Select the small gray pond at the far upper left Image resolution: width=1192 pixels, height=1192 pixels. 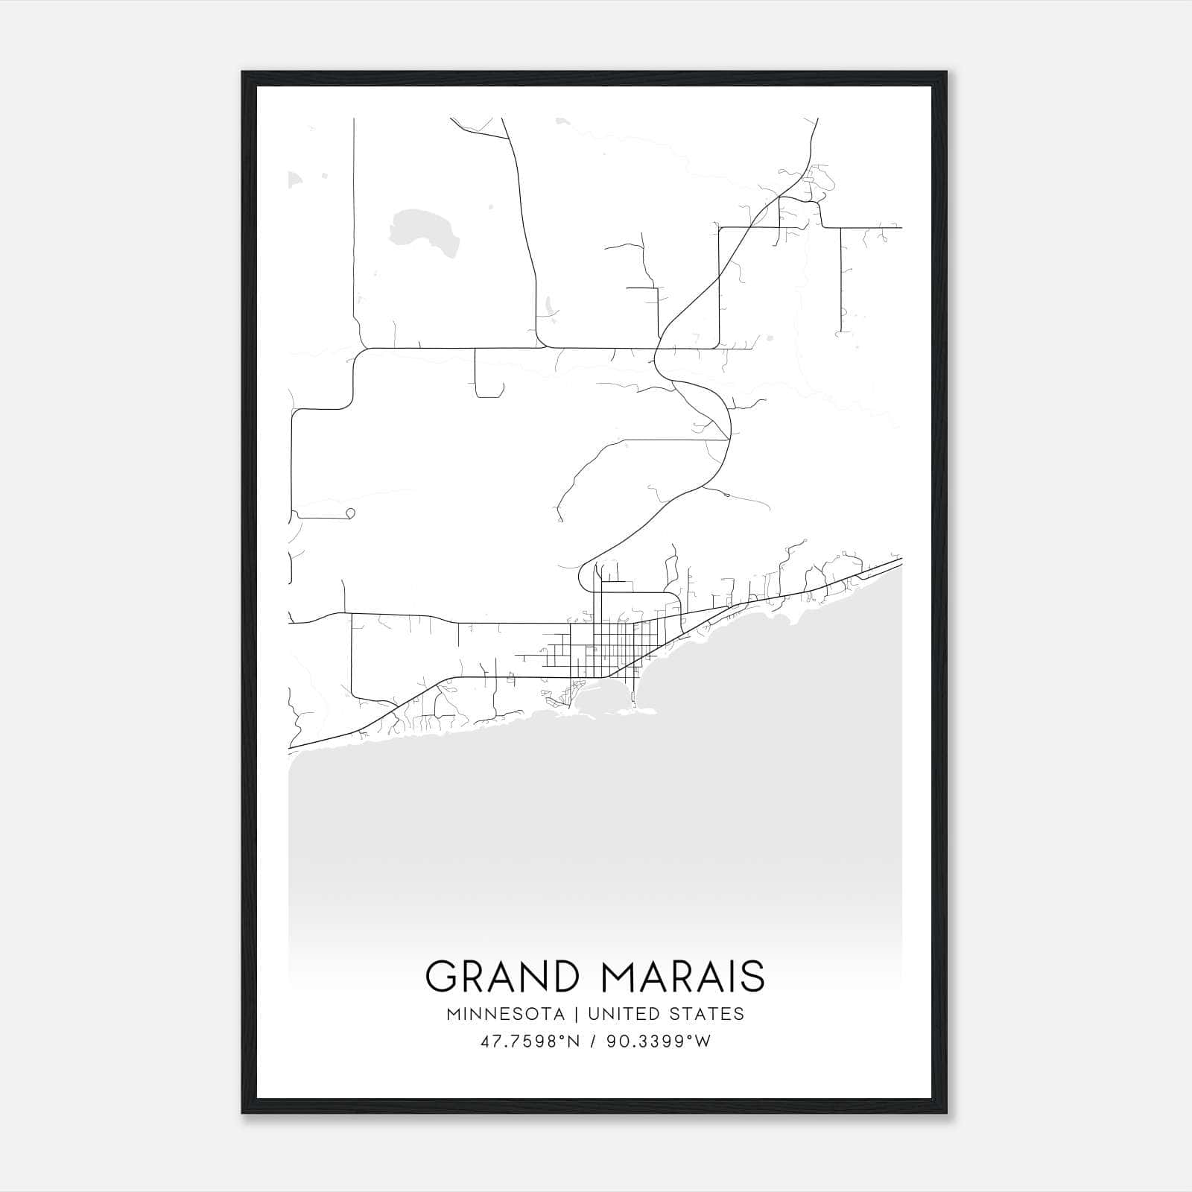(296, 180)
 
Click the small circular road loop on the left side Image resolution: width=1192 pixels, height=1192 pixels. (350, 513)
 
